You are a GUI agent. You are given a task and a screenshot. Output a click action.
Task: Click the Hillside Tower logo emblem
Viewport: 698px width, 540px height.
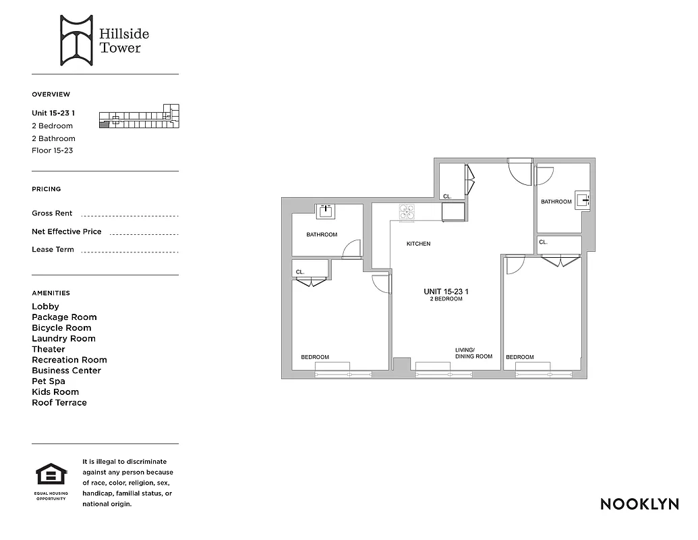[76, 40]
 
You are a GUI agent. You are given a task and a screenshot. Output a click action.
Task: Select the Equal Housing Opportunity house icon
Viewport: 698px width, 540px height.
[51, 475]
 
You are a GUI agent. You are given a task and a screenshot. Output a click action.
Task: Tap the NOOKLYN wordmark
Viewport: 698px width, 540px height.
[639, 504]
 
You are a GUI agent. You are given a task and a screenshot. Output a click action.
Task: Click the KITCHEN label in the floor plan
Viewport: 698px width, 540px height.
[418, 244]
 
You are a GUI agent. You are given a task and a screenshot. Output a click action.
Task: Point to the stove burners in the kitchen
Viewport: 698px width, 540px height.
[407, 211]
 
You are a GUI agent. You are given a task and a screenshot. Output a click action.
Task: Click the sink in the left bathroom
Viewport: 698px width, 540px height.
[327, 211]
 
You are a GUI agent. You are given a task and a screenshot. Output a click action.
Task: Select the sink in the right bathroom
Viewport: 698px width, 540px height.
[583, 200]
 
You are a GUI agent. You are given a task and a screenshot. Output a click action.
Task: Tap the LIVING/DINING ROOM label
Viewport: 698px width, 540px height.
[473, 353]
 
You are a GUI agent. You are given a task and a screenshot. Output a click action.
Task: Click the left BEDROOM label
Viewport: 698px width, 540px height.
[315, 357]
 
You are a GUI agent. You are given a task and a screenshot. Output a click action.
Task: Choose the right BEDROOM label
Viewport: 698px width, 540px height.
[520, 357]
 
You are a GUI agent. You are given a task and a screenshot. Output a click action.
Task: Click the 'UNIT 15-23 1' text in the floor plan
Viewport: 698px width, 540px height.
[446, 292]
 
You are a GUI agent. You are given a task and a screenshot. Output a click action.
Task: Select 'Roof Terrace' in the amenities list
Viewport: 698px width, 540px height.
[59, 403]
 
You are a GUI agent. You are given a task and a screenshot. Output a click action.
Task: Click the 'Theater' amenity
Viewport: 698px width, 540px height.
[49, 350]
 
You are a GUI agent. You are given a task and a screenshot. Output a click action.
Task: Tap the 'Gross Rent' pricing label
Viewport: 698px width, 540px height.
[52, 213]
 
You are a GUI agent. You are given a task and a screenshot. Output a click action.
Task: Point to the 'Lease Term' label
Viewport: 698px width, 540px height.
[53, 250]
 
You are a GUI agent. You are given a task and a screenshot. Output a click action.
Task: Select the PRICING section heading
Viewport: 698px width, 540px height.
[46, 189]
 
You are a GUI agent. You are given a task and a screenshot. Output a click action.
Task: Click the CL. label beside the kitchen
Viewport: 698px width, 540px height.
[447, 196]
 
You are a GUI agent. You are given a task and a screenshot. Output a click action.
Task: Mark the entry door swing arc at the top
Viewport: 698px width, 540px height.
[521, 171]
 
